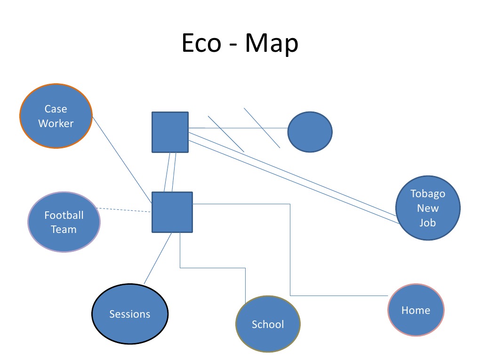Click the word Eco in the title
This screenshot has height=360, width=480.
(x=201, y=44)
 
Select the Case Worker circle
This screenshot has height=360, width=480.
(x=56, y=116)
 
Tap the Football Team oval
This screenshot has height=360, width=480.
(x=64, y=222)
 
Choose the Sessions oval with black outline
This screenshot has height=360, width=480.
(x=129, y=314)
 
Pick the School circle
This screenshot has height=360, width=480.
(x=268, y=324)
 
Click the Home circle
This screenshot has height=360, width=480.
(x=416, y=310)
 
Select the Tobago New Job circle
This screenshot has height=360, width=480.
(x=428, y=208)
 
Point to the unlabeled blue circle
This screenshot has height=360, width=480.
(x=310, y=132)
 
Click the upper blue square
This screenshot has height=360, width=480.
(x=170, y=132)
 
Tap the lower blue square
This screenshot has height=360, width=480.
(x=172, y=212)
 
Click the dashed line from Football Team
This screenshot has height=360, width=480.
(x=123, y=210)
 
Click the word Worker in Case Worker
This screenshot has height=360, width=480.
(x=56, y=124)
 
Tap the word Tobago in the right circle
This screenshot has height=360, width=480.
(x=428, y=194)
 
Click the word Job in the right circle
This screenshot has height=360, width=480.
(x=428, y=223)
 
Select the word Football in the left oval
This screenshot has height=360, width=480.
(x=64, y=215)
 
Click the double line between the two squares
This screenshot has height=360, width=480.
(x=170, y=172)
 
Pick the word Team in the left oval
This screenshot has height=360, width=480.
(x=64, y=230)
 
